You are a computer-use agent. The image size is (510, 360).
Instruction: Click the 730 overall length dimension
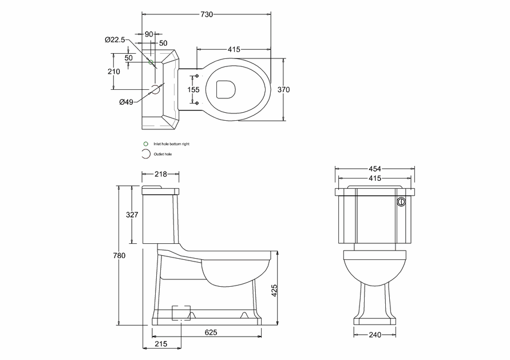(x=206, y=14)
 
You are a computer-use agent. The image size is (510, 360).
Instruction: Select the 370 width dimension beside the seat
(x=284, y=89)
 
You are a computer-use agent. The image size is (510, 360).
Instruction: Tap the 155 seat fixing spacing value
(x=193, y=89)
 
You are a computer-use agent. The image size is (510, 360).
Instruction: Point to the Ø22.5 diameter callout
(x=114, y=39)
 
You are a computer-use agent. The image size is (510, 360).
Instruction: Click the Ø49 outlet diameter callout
(x=126, y=102)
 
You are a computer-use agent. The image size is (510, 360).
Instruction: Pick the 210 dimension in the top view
(x=113, y=72)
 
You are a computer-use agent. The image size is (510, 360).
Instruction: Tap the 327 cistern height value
(x=132, y=215)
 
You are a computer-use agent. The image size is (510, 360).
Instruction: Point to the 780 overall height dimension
(x=120, y=255)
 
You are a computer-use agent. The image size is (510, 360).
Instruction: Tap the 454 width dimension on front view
(x=375, y=169)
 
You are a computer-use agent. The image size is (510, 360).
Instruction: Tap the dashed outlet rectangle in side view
(x=181, y=312)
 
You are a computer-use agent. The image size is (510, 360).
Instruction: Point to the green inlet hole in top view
(x=151, y=62)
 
